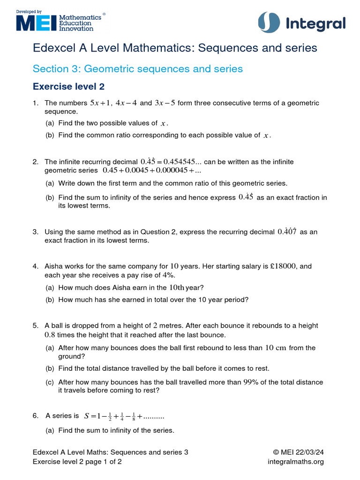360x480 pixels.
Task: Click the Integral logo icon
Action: pos(269,23)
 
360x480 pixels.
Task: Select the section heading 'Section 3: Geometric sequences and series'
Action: pos(137,69)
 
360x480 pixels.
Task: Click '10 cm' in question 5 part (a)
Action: pos(276,348)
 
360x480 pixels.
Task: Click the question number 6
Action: pos(35,416)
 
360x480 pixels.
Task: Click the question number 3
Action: pos(35,232)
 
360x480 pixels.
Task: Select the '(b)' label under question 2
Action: pos(50,198)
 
